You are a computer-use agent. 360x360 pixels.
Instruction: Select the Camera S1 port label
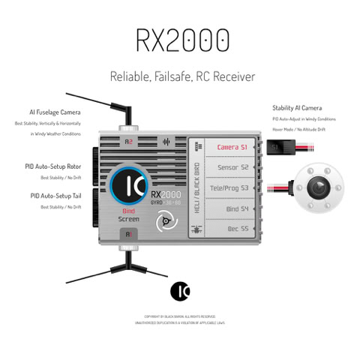(232, 146)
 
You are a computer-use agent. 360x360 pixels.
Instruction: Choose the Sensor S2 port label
(232, 167)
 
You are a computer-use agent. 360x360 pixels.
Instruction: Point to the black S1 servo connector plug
(277, 146)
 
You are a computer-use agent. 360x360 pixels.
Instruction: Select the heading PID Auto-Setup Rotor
(55, 168)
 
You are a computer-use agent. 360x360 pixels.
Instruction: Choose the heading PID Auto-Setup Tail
(57, 196)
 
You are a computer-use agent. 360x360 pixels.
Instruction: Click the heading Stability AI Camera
(297, 108)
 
